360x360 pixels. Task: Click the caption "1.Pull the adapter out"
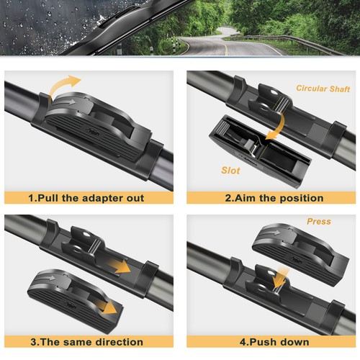(x=86, y=198)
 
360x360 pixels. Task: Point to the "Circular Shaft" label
(x=323, y=89)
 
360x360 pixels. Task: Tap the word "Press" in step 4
(x=318, y=222)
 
